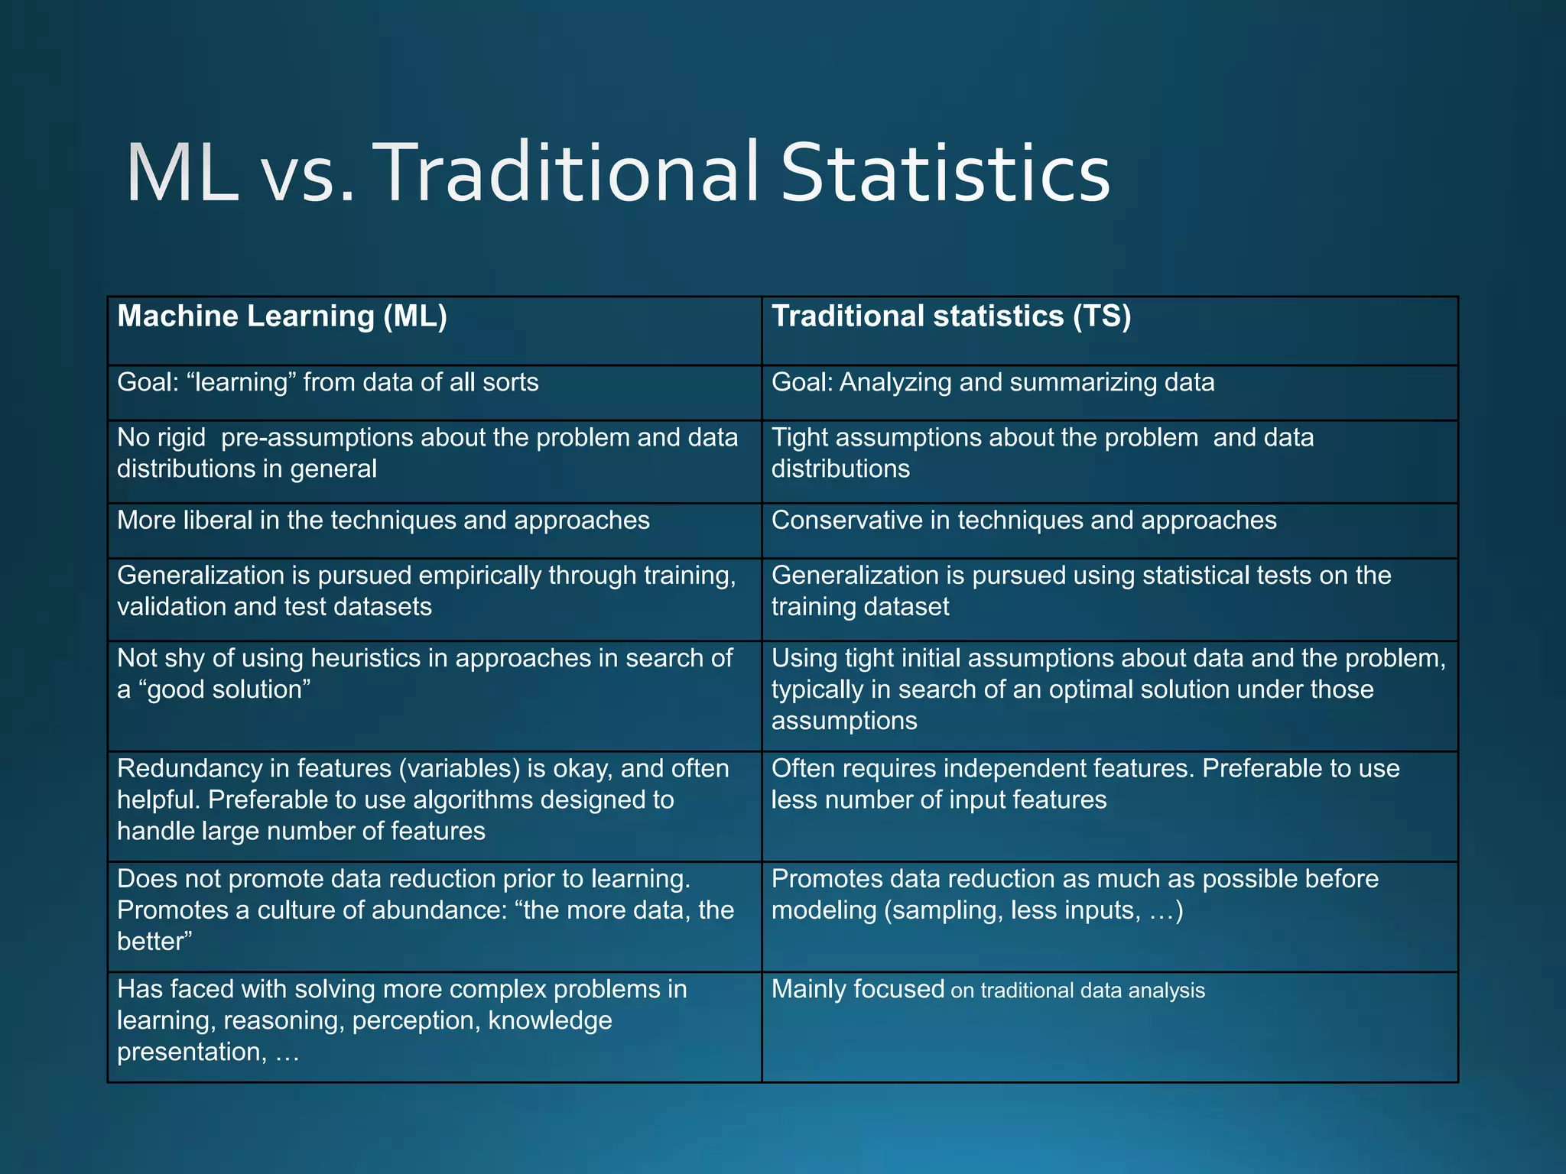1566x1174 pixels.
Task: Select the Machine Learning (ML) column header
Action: coord(282,316)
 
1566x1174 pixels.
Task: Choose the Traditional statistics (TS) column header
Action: coord(951,316)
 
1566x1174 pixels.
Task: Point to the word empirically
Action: coord(467,576)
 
